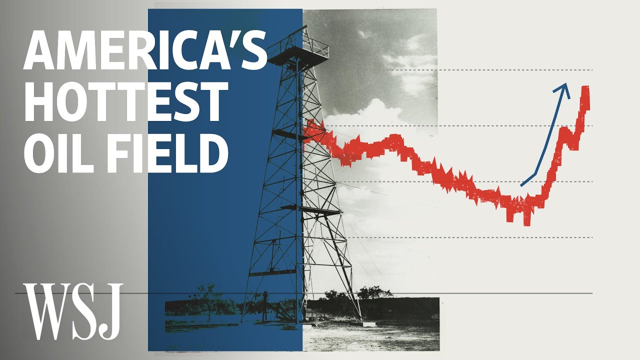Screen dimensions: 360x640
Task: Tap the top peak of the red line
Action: pos(585,89)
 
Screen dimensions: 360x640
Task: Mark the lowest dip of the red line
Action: pos(526,223)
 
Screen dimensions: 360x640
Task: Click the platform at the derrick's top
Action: pos(299,50)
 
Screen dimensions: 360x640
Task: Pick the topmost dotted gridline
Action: pos(490,70)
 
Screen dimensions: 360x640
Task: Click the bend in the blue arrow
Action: pos(536,174)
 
